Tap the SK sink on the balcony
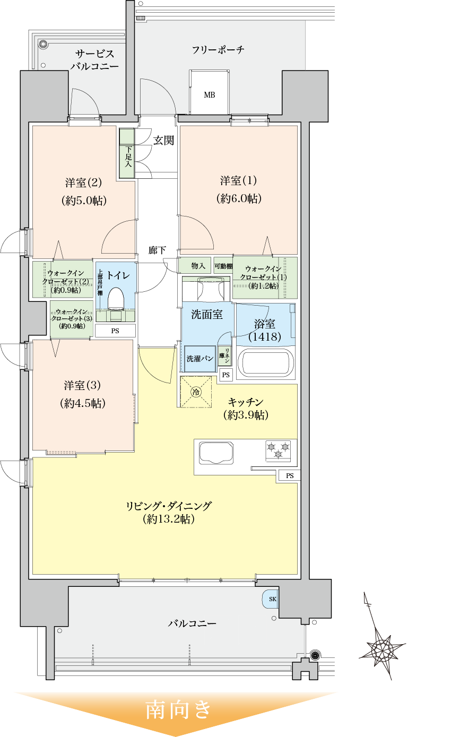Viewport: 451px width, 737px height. [x=271, y=599]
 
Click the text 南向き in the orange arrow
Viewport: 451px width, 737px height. [x=179, y=709]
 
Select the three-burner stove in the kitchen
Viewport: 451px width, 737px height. [x=279, y=450]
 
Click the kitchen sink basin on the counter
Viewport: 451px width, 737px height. [x=216, y=453]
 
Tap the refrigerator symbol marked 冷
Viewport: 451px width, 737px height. [x=196, y=392]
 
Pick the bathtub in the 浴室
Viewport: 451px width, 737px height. [x=265, y=363]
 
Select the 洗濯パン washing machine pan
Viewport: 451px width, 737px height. [x=200, y=359]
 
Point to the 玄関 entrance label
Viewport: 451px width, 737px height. [x=164, y=141]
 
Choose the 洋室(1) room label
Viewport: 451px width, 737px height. [x=239, y=180]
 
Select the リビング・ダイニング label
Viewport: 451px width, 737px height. [x=169, y=506]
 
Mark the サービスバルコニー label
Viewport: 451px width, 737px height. [x=94, y=60]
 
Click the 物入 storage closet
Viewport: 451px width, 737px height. [x=198, y=265]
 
